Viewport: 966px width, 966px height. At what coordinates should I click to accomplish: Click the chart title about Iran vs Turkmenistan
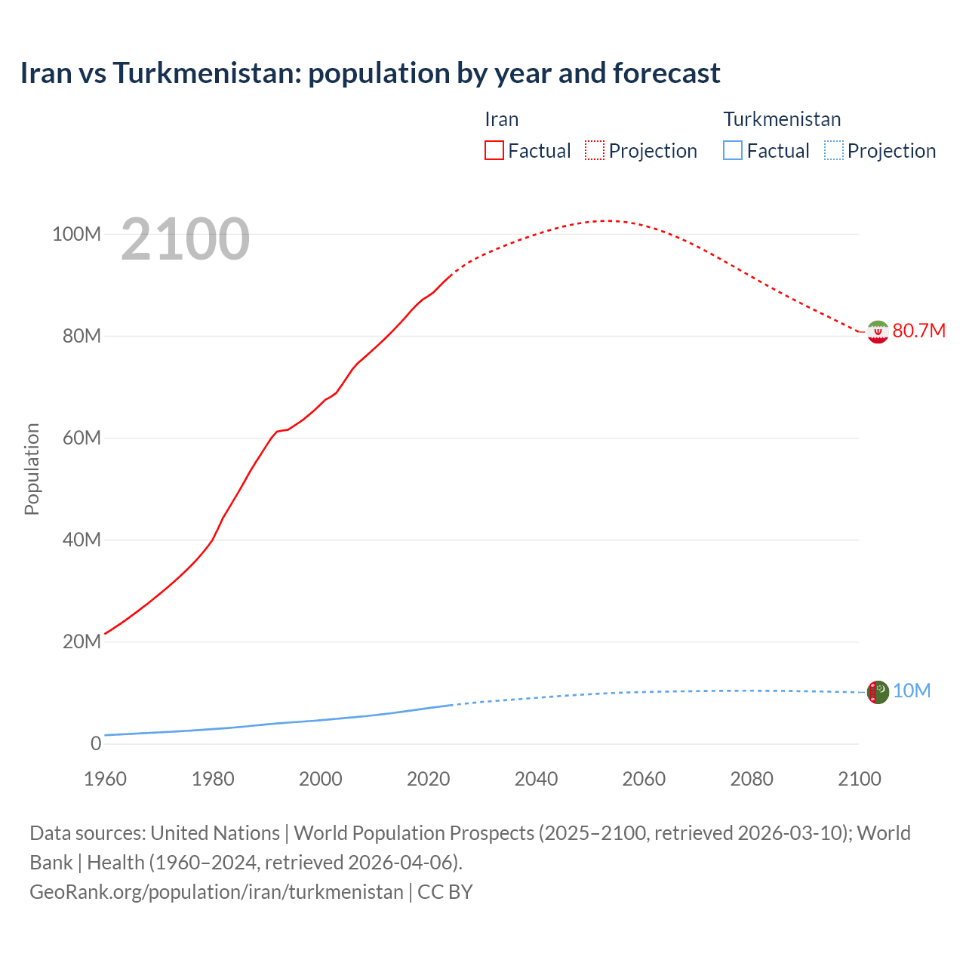pos(370,73)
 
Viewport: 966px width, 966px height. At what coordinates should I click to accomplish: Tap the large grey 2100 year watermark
pos(185,239)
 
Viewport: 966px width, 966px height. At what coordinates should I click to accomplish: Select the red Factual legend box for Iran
pos(494,150)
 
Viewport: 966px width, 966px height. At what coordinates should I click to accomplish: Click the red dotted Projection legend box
pos(595,150)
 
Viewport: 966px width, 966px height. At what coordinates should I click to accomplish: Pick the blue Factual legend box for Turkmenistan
pos(733,150)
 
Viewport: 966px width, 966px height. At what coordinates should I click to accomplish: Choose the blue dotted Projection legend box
pos(834,150)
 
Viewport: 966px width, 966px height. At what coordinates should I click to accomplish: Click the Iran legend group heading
pos(501,119)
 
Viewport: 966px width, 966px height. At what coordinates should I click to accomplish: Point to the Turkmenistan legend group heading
pos(782,119)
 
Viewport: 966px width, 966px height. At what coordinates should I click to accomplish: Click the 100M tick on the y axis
pos(76,234)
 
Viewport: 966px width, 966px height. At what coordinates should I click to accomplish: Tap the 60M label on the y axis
pos(81,438)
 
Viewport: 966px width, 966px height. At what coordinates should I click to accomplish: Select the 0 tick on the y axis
pos(95,743)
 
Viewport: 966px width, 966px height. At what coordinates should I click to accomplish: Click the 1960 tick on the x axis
pos(105,779)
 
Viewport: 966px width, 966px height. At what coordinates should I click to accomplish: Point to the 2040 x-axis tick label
pos(536,779)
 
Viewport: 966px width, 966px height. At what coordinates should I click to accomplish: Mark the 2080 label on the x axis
pos(752,779)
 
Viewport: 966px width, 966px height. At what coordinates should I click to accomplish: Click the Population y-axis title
pos(32,469)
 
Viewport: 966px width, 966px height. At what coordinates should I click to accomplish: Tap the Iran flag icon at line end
pos(878,331)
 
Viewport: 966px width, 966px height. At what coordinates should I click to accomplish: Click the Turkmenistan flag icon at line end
pos(878,691)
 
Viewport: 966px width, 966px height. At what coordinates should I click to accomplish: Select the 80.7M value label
pos(918,331)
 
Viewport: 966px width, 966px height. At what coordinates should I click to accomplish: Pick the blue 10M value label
pos(912,691)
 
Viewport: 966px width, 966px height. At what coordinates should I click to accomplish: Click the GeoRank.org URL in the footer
pos(217,892)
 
